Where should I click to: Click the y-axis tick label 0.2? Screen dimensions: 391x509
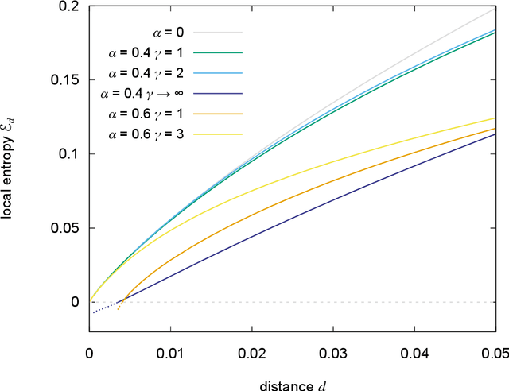point(70,6)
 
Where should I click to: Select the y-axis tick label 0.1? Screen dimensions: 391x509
point(70,154)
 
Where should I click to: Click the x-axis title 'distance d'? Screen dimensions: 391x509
point(292,385)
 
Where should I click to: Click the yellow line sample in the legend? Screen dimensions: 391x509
point(222,134)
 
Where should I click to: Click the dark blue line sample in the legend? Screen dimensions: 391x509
point(222,94)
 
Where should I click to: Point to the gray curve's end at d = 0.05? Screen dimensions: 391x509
point(494,9)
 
